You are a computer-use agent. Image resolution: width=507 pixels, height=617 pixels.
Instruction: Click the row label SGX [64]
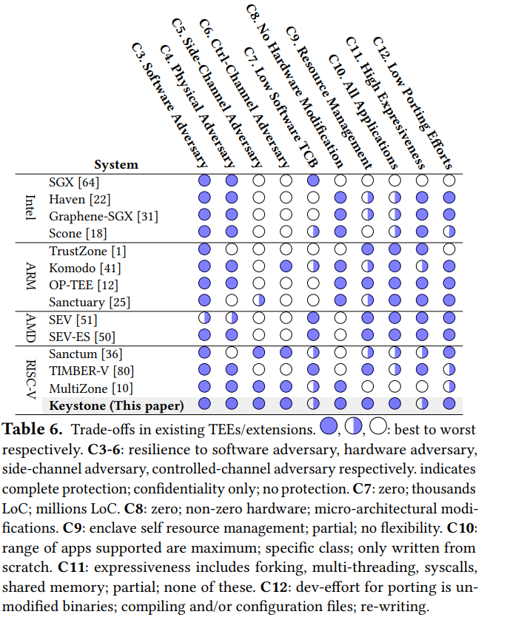[x=74, y=181]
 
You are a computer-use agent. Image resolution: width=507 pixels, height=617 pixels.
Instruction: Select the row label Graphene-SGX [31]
[x=104, y=216]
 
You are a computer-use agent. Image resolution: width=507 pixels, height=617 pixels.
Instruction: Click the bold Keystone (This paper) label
[x=116, y=405]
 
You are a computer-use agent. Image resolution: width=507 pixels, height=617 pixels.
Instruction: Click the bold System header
[x=116, y=164]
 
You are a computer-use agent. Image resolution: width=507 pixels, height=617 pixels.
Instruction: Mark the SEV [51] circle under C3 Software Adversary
[x=204, y=320]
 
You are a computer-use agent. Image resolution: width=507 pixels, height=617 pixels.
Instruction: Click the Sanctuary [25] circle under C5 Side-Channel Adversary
[x=258, y=302]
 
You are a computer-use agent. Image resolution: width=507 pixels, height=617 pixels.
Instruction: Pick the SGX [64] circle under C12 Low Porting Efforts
[x=449, y=181]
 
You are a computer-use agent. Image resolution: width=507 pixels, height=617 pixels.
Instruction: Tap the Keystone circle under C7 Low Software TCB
[x=313, y=405]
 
